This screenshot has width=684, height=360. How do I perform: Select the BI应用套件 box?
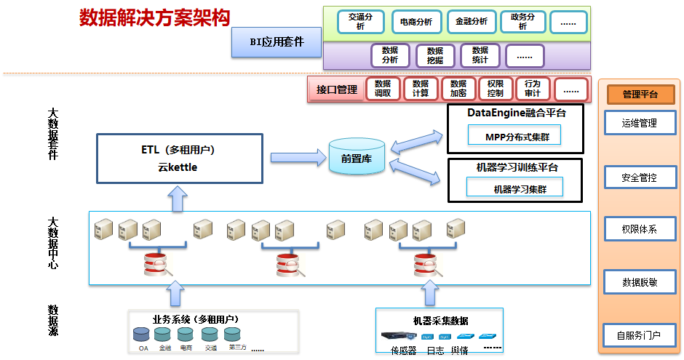[x=277, y=42]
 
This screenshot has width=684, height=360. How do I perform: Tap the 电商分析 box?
[x=416, y=22]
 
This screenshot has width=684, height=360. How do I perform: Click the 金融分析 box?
[x=472, y=22]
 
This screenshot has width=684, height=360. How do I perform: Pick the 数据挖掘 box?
[x=435, y=55]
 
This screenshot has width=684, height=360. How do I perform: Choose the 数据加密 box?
[x=458, y=89]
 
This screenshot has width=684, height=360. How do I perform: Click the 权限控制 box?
[x=496, y=89]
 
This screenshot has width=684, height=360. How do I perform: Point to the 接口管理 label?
[x=337, y=89]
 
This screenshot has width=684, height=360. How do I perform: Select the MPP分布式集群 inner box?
[x=514, y=136]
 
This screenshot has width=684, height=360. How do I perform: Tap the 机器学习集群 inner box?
[x=514, y=188]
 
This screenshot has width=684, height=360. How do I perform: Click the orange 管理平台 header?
[x=640, y=94]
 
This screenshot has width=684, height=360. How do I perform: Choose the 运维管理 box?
[x=640, y=124]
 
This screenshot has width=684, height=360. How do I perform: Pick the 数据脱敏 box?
[x=640, y=282]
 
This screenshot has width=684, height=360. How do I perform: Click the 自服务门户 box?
[x=640, y=335]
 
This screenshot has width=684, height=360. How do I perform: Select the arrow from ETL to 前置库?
[x=297, y=157]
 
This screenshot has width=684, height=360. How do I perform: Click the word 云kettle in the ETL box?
[x=178, y=167]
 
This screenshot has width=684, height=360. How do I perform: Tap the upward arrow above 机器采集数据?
[x=429, y=293]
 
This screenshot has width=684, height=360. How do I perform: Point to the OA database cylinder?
[x=143, y=335]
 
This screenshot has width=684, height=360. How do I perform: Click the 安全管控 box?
[x=640, y=177]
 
